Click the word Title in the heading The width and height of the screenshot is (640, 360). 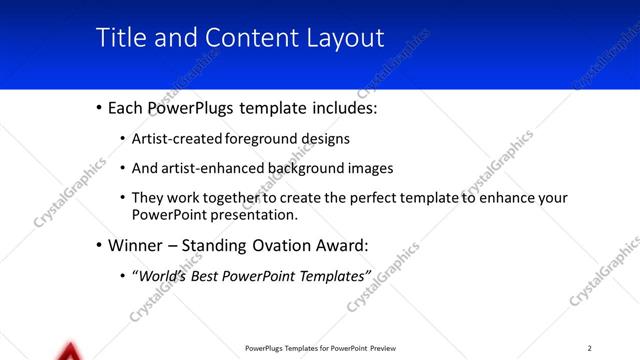coord(117,38)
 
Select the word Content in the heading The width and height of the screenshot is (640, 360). coord(245,38)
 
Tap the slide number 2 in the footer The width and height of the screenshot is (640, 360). coord(590,348)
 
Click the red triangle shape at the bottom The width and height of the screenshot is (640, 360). coord(69,352)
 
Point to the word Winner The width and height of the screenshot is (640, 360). coord(138,245)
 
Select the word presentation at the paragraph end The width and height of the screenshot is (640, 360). coord(254,215)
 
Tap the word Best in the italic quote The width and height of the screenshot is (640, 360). coord(212,274)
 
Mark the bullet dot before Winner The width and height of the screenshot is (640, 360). coord(98,245)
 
